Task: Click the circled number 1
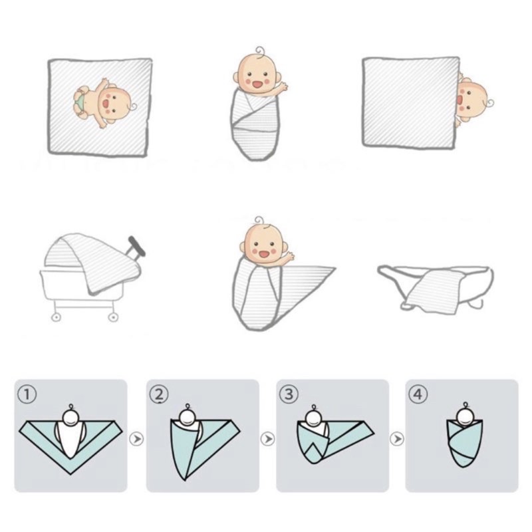pyautogui.click(x=27, y=395)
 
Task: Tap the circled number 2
pyautogui.click(x=159, y=394)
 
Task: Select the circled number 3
pyautogui.click(x=289, y=394)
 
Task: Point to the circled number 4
pyautogui.click(x=418, y=394)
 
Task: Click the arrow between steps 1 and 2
pyautogui.click(x=136, y=439)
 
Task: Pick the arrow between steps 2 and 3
pyautogui.click(x=268, y=439)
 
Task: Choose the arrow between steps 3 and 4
pyautogui.click(x=396, y=439)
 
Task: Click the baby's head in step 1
pyautogui.click(x=72, y=418)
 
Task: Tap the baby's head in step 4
pyautogui.click(x=465, y=414)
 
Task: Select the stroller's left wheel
pyautogui.click(x=56, y=318)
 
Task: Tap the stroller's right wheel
pyautogui.click(x=113, y=318)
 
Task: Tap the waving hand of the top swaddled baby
pyautogui.click(x=281, y=88)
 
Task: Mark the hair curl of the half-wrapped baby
pyautogui.click(x=259, y=220)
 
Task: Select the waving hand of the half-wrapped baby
pyautogui.click(x=289, y=256)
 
